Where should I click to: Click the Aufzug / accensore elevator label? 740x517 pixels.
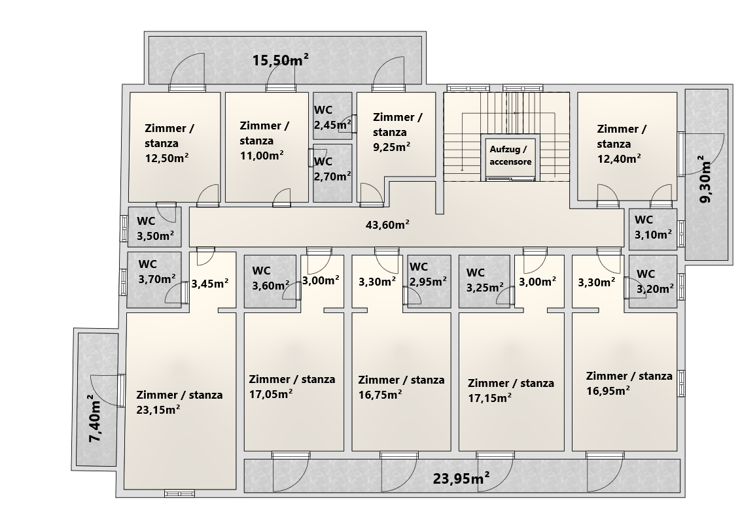510,156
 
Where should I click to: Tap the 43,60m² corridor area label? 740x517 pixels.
387,225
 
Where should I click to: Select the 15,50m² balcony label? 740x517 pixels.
280,60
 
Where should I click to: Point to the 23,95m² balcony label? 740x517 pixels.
461,479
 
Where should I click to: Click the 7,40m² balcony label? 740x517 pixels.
96,418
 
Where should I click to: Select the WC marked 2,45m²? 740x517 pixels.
333,118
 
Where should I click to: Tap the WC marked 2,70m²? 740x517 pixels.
333,169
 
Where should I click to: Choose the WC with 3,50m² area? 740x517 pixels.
156,229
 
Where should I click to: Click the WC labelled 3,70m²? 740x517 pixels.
157,271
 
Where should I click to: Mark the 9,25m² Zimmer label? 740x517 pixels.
397,132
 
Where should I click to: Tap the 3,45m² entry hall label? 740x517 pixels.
210,284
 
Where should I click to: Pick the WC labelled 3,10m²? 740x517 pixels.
653,227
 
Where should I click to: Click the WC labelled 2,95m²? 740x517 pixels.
428,275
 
